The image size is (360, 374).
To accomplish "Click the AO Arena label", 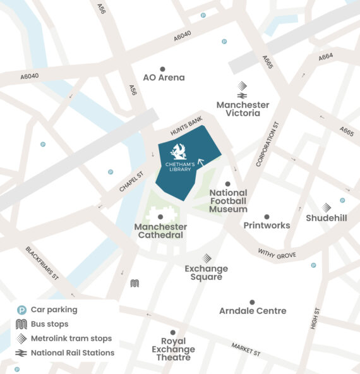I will coord(164,78).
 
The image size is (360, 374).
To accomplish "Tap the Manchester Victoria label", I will coord(243,109).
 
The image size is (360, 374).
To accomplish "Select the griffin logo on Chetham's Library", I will coord(178,152).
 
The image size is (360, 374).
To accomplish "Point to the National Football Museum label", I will coord(228,200).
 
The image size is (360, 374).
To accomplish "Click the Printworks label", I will coord(267,226).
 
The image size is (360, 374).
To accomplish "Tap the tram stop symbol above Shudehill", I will coord(326,207).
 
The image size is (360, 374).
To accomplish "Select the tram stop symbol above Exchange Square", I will coord(207,258).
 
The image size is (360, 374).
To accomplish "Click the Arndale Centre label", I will coord(252,311).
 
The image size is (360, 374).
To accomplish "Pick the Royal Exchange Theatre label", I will coord(173,349).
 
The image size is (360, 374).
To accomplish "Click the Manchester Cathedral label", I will coord(160,231).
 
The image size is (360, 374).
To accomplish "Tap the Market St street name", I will coord(245,349).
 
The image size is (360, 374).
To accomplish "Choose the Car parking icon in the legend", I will coord(21,310).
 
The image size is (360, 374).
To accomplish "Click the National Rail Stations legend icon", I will coord(21,353).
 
